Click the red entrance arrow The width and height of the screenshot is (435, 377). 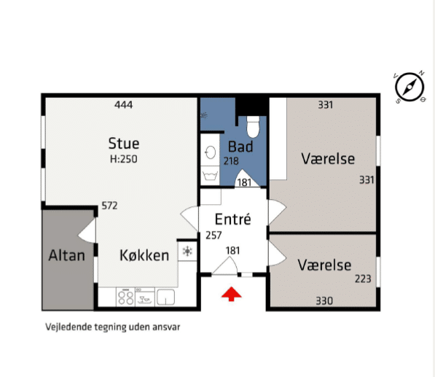[231, 295]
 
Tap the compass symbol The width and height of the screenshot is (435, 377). [409, 88]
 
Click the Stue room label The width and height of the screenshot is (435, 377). [124, 144]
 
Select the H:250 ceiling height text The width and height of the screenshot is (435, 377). [124, 159]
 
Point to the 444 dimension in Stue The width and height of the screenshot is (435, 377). [124, 105]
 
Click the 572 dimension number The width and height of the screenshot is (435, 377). [109, 206]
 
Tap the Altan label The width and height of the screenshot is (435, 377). [66, 255]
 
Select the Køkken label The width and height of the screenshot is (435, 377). [144, 255]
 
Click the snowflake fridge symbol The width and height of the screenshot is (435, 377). [187, 252]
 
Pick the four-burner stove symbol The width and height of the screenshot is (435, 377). [125, 297]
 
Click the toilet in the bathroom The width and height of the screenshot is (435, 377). [253, 127]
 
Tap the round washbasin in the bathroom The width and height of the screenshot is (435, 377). [211, 152]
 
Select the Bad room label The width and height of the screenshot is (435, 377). [240, 147]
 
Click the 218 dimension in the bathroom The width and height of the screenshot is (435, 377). [231, 161]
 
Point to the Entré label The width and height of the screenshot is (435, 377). [233, 219]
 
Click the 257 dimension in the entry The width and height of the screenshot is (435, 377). [213, 236]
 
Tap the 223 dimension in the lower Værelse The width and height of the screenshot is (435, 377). [363, 279]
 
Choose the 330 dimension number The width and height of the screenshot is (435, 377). [324, 301]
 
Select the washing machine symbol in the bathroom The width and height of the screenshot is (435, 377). [210, 176]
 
